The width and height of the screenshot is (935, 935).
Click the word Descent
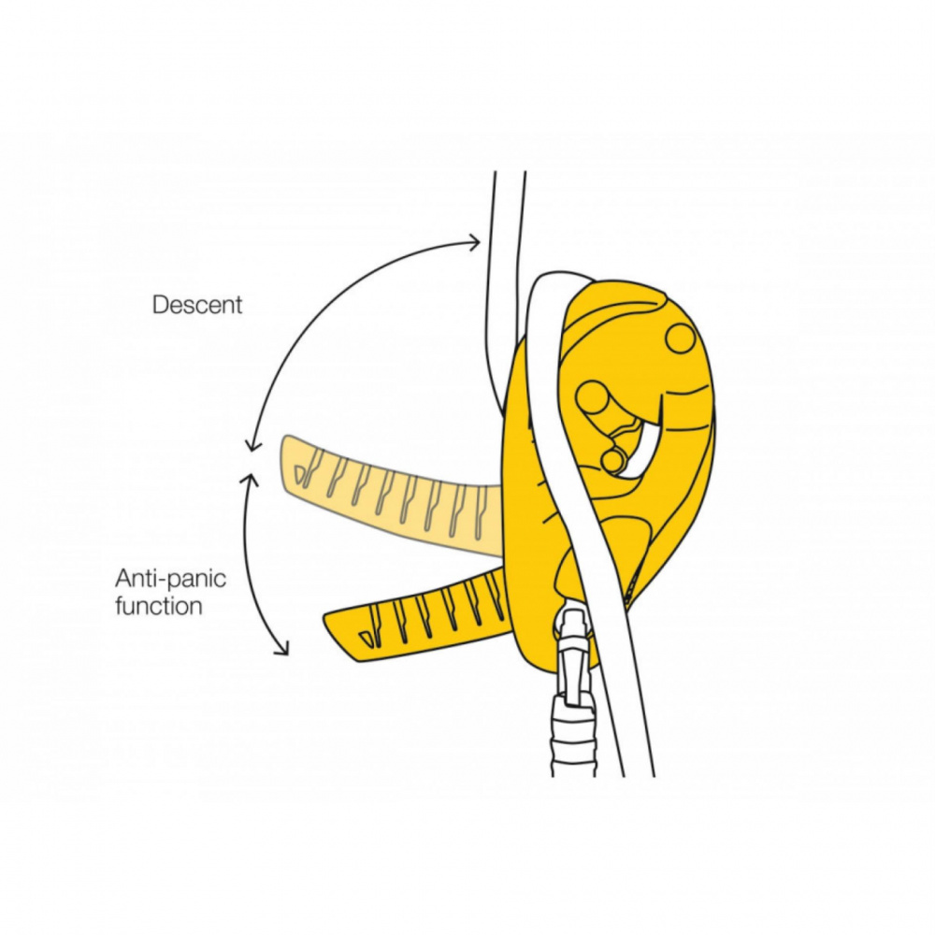click(197, 305)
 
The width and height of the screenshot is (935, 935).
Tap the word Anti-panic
click(170, 578)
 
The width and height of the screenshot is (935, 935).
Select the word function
click(159, 606)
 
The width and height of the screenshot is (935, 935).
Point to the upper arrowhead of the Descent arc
click(476, 243)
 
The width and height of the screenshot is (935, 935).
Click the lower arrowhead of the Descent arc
click(250, 448)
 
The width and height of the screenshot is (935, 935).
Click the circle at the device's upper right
click(680, 338)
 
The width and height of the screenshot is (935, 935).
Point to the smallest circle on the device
click(612, 460)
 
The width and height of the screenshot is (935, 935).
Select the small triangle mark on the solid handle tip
click(366, 640)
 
